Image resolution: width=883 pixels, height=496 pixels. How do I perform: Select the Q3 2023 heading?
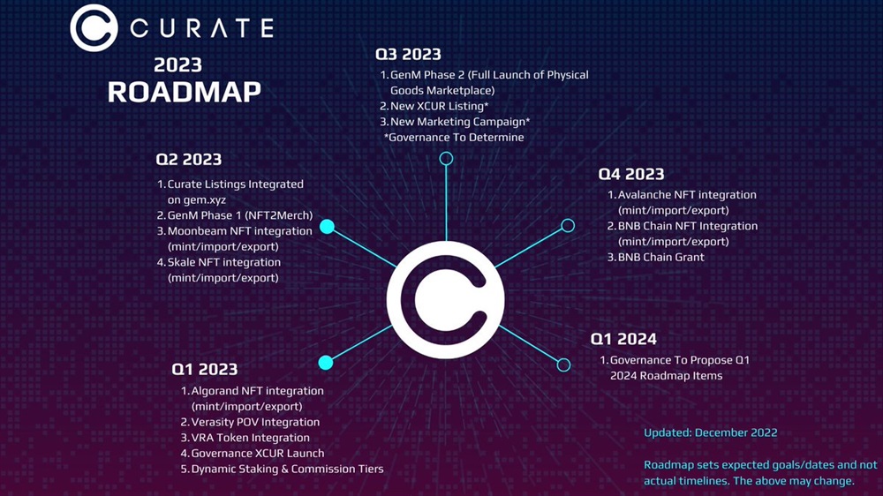408,54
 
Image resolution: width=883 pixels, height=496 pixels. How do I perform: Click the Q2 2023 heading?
189,160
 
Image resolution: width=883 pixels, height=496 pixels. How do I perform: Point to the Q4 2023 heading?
631,174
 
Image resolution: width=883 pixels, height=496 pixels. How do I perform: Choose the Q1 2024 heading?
623,339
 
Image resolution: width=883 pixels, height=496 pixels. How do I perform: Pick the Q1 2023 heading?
205,369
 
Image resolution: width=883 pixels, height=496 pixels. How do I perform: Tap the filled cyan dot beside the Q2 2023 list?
328,226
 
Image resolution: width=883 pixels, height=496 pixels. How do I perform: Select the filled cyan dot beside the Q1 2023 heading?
326,363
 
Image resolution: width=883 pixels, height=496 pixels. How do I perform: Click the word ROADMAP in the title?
185,92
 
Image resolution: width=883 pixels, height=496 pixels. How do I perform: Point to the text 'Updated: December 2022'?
711,433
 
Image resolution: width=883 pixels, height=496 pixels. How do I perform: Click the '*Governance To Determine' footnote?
454,138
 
